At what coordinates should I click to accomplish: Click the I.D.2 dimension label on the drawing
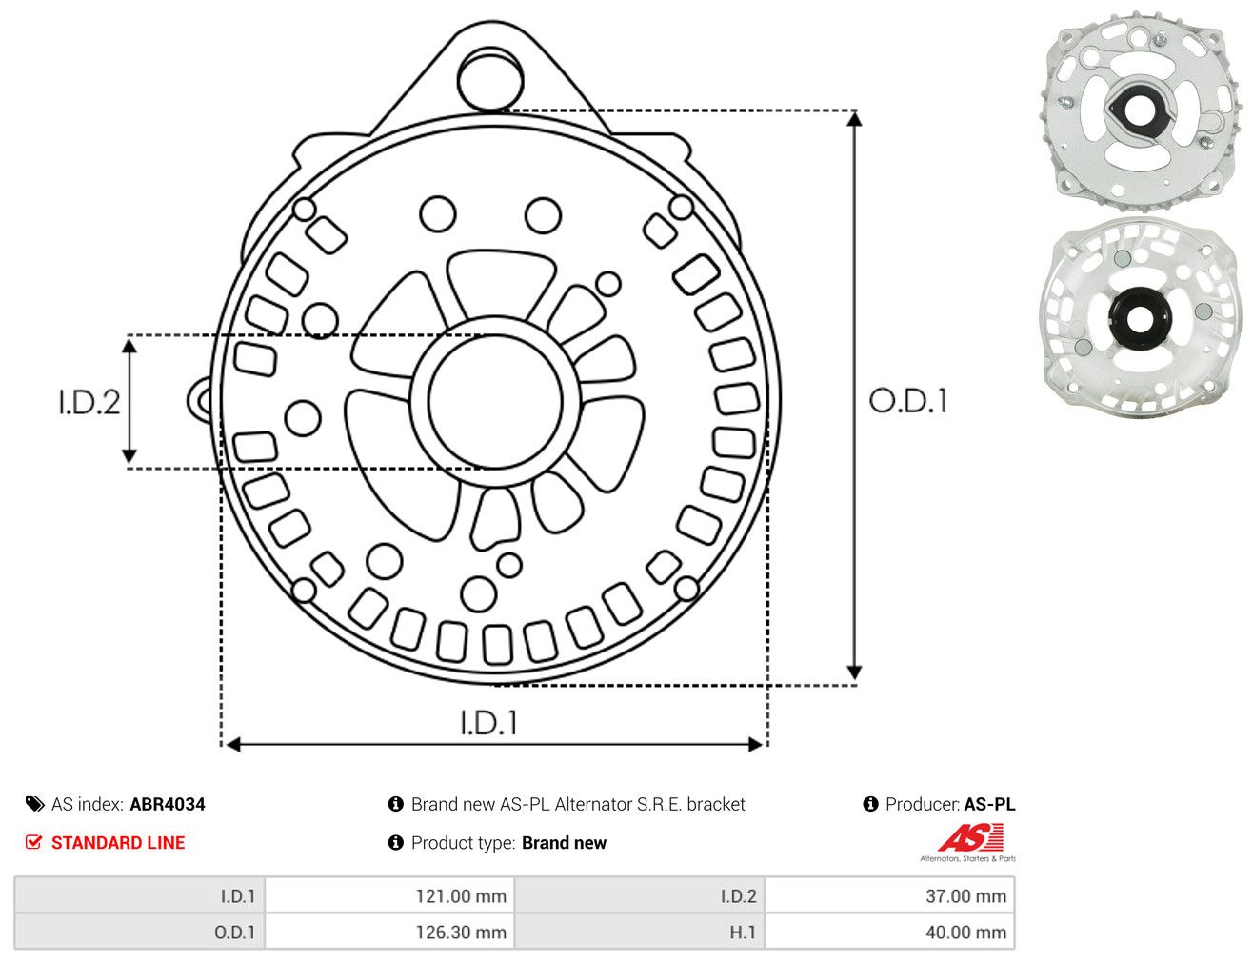point(89,403)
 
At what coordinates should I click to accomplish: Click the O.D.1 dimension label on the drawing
point(908,401)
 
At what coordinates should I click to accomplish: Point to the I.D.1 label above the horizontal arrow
point(489,723)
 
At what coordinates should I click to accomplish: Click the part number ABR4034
point(168,804)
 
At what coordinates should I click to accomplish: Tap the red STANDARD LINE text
point(118,842)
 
